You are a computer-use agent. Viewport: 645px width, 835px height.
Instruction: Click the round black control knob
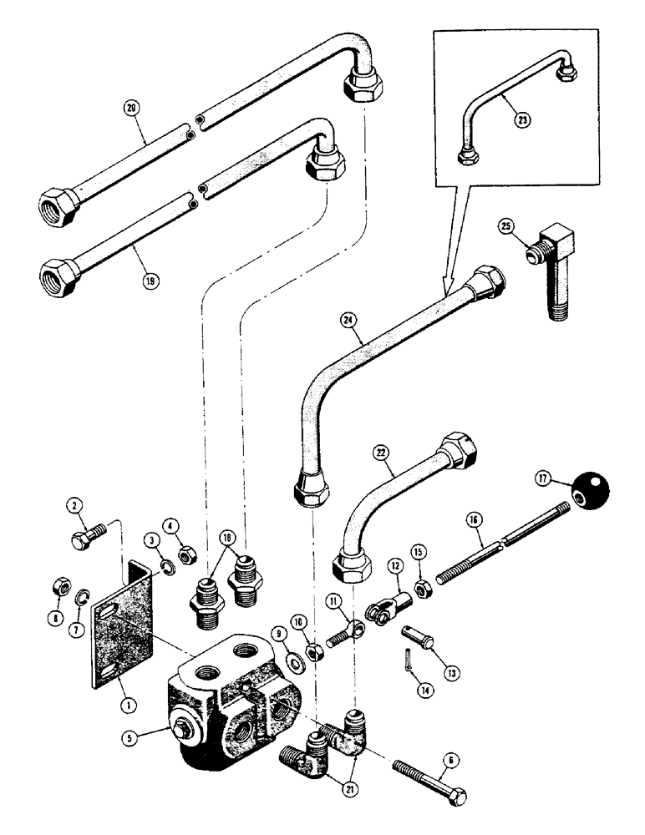[x=591, y=495]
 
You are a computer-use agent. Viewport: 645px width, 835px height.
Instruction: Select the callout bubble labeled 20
[x=130, y=109]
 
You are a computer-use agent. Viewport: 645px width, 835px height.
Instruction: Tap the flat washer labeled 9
[x=296, y=640]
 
